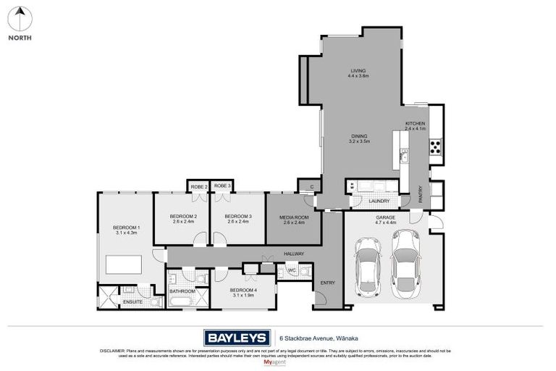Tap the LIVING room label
coord(358,70)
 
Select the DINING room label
coord(360,136)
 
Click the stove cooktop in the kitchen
coord(436,148)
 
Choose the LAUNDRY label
coord(379,201)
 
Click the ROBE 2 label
coord(198,186)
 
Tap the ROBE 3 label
coord(222,186)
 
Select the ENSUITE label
coord(132,301)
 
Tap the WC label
coord(292,271)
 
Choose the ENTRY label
coord(328,283)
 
